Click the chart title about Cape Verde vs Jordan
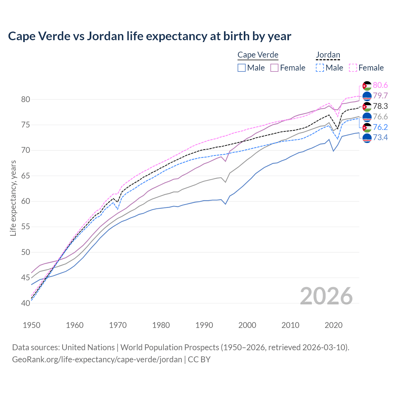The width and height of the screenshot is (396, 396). coord(149,36)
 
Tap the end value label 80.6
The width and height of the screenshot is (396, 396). coord(380,85)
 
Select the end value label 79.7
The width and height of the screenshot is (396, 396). coord(380,96)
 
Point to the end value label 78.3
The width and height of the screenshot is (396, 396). coord(380,106)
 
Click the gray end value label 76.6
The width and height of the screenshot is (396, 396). coord(380,117)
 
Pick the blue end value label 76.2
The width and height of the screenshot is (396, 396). coord(380,127)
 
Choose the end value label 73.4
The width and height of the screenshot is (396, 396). coord(380,137)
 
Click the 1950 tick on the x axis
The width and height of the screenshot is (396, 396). coord(32,325)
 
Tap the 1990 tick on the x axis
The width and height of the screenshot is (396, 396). coord(204,325)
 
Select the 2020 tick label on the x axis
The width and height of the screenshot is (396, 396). coord(334,325)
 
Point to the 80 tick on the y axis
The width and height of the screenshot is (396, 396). coord(25,100)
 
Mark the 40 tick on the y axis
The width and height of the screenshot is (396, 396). coord(25,303)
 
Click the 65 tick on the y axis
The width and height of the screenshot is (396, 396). coord(25,176)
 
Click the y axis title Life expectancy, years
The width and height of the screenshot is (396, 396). coord(13,198)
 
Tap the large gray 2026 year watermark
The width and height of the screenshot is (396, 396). coord(326,296)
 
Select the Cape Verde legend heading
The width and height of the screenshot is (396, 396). coord(258,55)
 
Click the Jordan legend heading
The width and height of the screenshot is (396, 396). coord(328,55)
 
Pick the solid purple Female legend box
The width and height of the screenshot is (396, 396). coord(274,68)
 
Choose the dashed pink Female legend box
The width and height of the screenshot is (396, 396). coord(353,68)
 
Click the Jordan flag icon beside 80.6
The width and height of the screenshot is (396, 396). coord(367,86)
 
